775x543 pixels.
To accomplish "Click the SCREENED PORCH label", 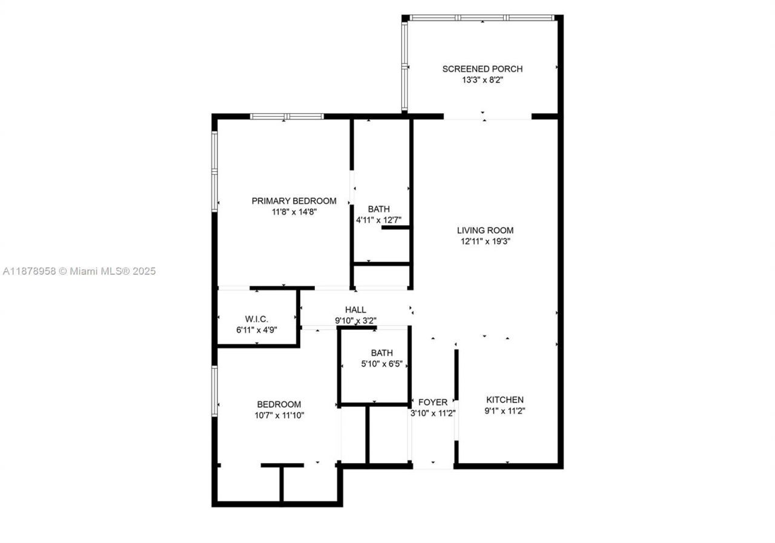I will tap(482, 69).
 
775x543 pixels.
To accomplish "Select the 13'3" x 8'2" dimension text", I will tap(482, 80).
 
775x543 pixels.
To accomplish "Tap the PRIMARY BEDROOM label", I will tap(294, 201).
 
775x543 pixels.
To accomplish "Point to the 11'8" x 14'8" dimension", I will tap(294, 212).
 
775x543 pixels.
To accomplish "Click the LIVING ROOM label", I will tap(485, 230).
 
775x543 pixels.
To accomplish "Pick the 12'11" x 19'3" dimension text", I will tap(485, 241).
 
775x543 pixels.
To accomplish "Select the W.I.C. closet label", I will tap(257, 319).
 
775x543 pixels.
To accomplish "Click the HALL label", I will tap(355, 310).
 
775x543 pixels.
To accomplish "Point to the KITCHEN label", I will tap(505, 400).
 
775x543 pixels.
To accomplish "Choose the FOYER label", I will tap(433, 402).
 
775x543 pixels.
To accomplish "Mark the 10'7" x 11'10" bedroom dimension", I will tap(279, 415).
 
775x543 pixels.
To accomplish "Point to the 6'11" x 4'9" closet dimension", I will tap(257, 330).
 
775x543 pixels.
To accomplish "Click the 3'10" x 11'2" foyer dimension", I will tap(433, 413).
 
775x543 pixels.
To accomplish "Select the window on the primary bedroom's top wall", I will tap(287, 116).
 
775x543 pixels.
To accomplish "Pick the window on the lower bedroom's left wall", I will tap(214, 390).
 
